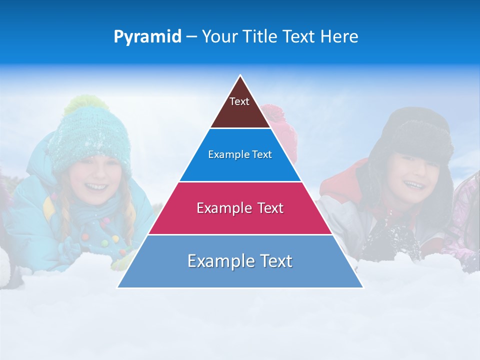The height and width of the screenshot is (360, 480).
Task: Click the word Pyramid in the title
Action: coord(147,37)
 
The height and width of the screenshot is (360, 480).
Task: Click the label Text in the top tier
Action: coord(239,101)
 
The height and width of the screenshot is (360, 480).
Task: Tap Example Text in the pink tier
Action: coord(240,207)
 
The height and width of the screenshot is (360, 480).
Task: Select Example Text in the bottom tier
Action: coord(240,261)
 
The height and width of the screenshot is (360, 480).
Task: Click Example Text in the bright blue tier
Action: coord(240,154)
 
